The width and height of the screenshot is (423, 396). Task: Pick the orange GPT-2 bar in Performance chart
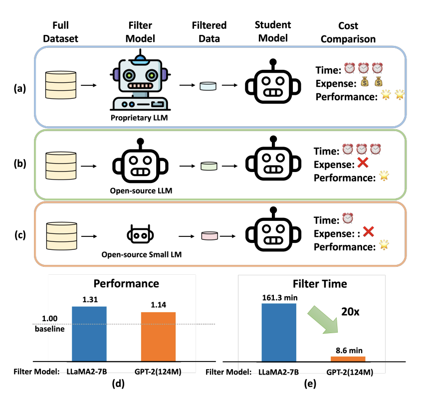click(x=158, y=336)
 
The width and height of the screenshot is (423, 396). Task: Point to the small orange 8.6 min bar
click(x=348, y=358)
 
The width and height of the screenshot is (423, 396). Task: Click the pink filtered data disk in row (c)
click(x=209, y=235)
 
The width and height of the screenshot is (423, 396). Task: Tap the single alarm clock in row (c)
click(x=348, y=218)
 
